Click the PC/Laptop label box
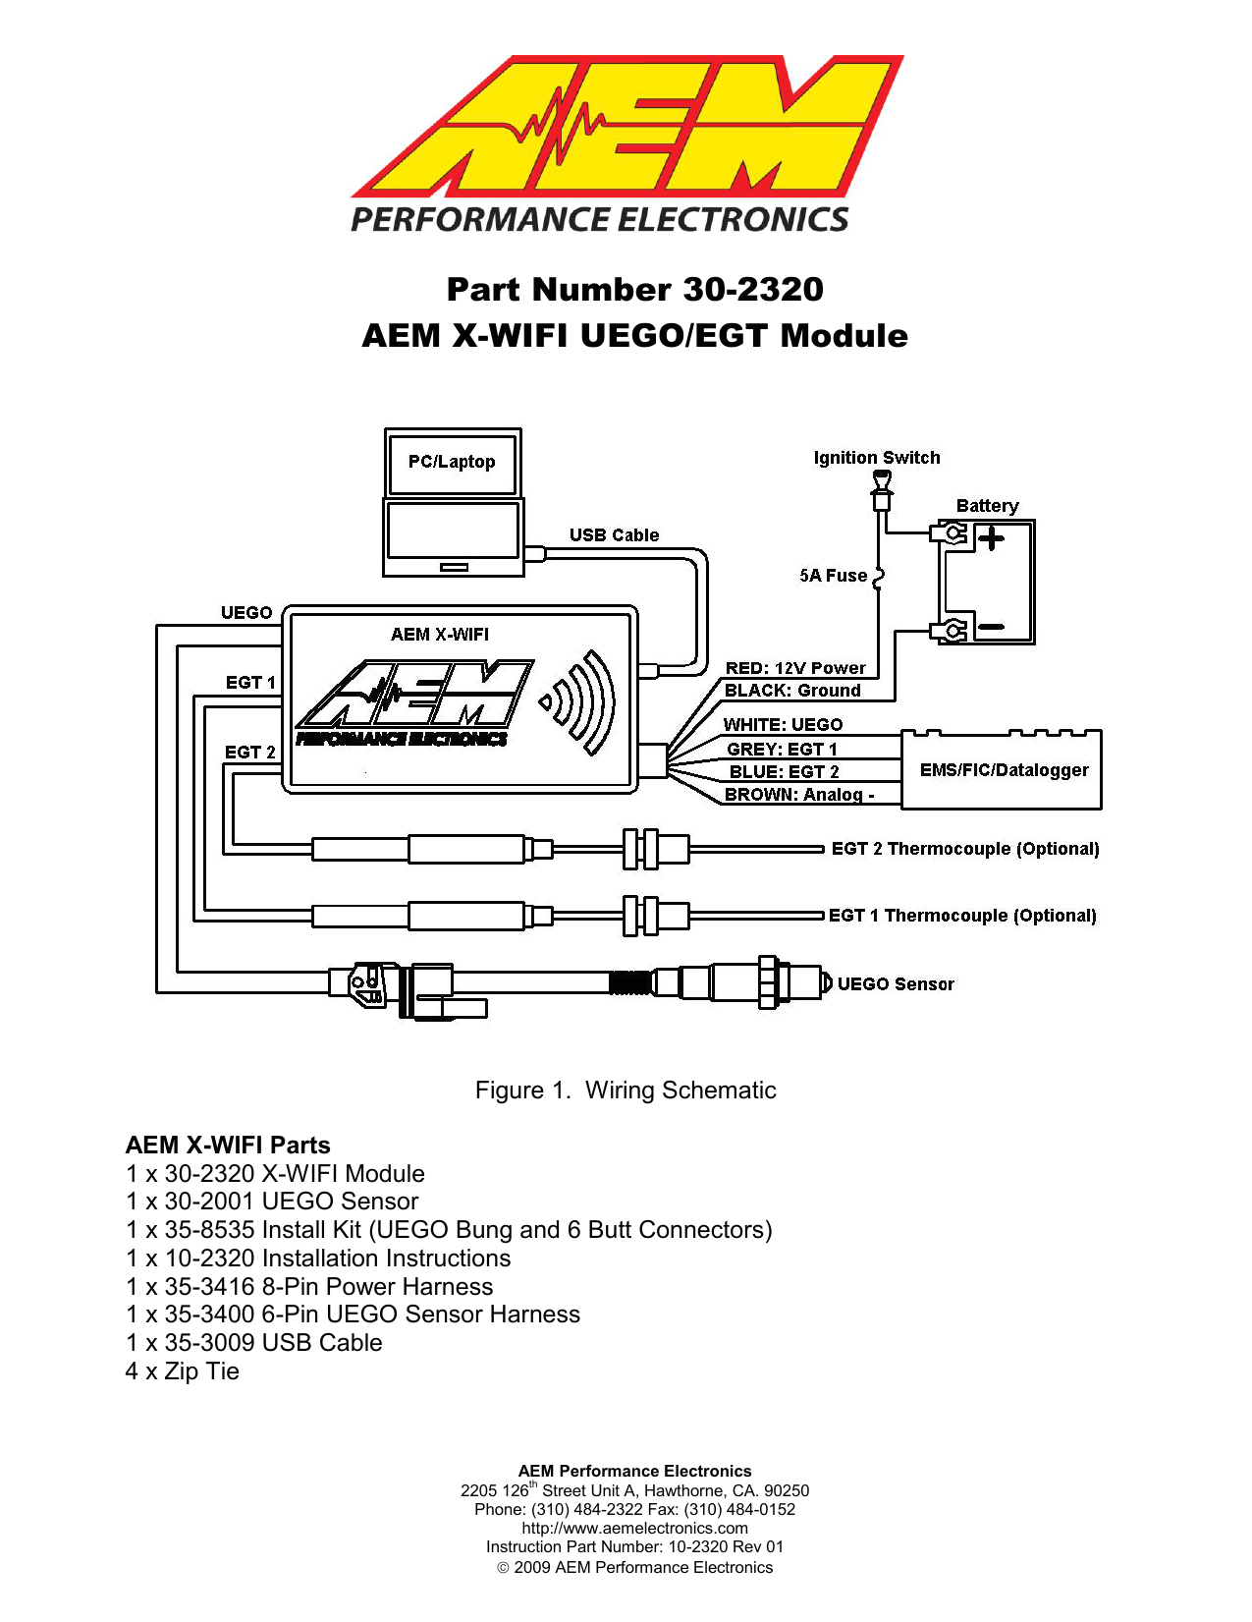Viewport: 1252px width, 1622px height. (452, 462)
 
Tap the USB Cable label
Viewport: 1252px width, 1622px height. (614, 535)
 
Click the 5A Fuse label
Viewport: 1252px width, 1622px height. (833, 576)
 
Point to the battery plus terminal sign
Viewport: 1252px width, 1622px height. (991, 538)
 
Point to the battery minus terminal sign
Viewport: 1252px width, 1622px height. (991, 627)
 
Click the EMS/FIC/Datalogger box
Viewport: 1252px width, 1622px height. (1004, 770)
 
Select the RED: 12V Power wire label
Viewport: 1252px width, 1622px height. (795, 668)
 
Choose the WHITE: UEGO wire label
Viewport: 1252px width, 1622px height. (783, 725)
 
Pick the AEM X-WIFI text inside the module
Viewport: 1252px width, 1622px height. (440, 635)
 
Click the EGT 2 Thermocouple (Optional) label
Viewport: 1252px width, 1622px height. (964, 849)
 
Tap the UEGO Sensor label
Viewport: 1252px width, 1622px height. (895, 984)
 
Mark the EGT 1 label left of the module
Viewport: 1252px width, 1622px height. (250, 683)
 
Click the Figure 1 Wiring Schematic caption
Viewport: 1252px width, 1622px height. (626, 1091)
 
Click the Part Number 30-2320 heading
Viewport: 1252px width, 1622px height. (634, 290)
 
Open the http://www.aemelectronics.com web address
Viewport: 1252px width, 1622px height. (634, 1528)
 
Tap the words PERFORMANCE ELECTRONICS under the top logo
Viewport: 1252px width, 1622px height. (599, 219)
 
